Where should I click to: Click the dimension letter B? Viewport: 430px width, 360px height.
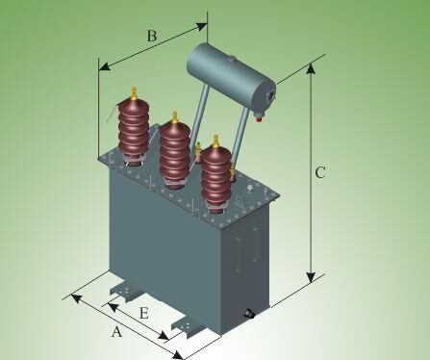coord(152,36)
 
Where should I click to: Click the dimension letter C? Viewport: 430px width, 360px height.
coord(320,172)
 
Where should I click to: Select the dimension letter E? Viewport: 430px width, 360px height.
coord(144,313)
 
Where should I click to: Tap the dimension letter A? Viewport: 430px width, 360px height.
coord(116,331)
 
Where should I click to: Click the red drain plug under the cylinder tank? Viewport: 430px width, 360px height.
coord(259,119)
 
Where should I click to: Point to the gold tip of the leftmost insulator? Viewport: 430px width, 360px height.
coord(134,93)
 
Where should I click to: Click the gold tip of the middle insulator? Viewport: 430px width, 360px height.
coord(175,117)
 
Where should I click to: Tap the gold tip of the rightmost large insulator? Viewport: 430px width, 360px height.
coord(215,141)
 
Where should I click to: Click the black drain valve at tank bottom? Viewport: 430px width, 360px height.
coord(249,314)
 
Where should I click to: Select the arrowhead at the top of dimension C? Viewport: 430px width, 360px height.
coord(311,68)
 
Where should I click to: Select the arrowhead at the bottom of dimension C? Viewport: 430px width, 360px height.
coord(311,278)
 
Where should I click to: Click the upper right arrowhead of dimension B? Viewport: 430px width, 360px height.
coord(201,27)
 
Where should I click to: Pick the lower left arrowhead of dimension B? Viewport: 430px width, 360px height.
coord(105,66)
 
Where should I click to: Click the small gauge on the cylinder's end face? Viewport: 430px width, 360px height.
coord(271,95)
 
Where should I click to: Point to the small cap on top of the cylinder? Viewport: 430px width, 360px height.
coord(231,59)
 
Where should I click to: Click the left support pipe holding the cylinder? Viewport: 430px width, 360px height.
coord(199,122)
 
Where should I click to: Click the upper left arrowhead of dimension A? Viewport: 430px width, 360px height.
coord(76,297)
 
